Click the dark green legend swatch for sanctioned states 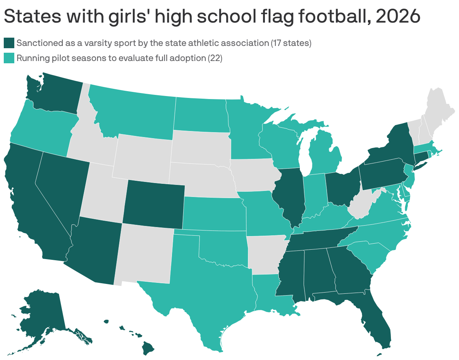(x=9, y=43)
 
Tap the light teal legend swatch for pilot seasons (x=9, y=58)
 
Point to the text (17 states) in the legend (x=291, y=43)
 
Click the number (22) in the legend (x=215, y=58)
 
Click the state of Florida (x=376, y=324)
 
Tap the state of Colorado (x=153, y=203)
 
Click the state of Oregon (x=41, y=128)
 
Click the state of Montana (x=135, y=113)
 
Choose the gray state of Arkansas (x=265, y=254)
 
